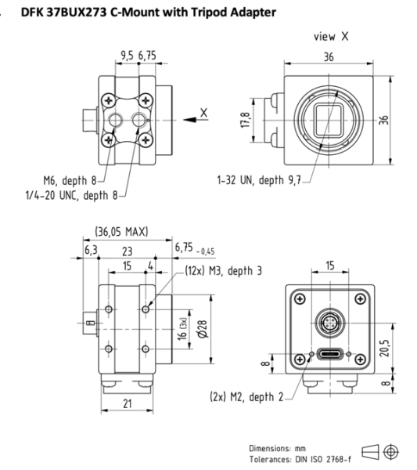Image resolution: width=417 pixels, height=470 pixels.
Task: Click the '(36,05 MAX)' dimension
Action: pos(121,232)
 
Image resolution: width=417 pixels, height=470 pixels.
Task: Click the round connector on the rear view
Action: pos(329,321)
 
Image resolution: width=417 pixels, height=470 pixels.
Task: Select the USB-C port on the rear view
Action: pos(329,353)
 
